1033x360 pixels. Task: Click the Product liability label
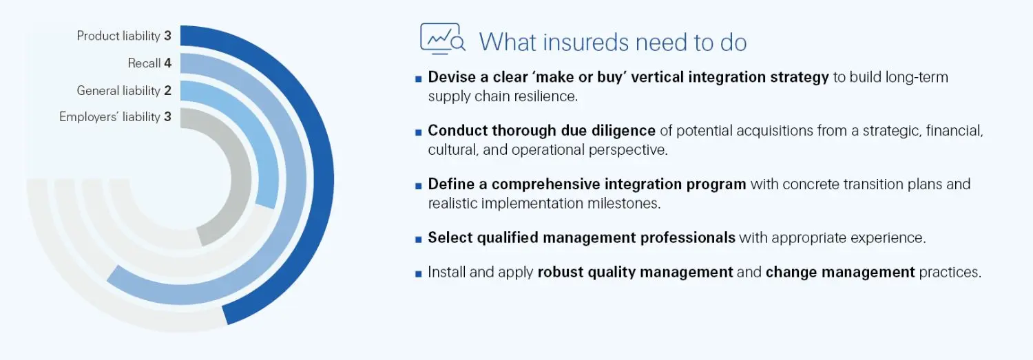pyautogui.click(x=118, y=36)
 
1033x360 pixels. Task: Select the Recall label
pyautogui.click(x=144, y=63)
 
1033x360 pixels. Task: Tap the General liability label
pyautogui.click(x=118, y=90)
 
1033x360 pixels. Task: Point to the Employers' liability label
pyautogui.click(x=109, y=117)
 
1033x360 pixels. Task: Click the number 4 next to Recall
pyautogui.click(x=167, y=63)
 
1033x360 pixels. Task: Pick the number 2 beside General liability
pyautogui.click(x=167, y=90)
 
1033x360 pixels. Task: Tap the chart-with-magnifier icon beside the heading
pyautogui.click(x=442, y=40)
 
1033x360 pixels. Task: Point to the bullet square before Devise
pyautogui.click(x=418, y=78)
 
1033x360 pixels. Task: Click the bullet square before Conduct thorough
pyautogui.click(x=418, y=131)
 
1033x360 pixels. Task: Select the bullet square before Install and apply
pyautogui.click(x=418, y=273)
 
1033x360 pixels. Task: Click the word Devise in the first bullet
pyautogui.click(x=452, y=77)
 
